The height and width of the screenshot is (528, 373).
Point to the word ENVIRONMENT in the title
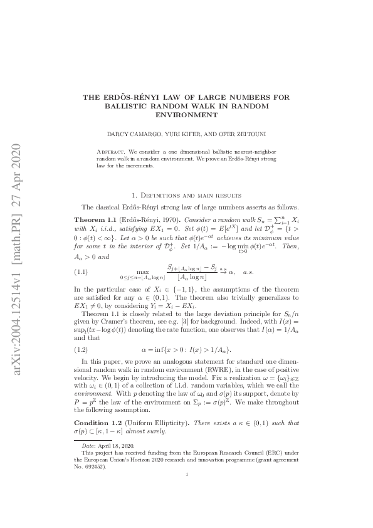[186, 115]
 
